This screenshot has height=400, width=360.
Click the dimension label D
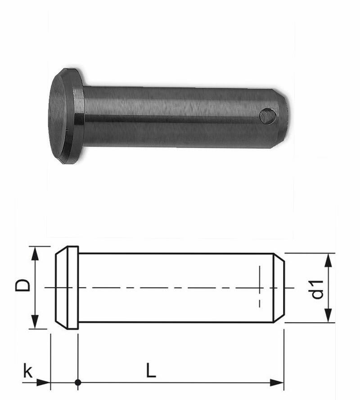pyautogui.click(x=22, y=285)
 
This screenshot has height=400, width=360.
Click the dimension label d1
pyautogui.click(x=317, y=289)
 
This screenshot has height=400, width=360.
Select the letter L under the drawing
pyautogui.click(x=151, y=370)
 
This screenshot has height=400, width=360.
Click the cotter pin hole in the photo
pyautogui.click(x=268, y=117)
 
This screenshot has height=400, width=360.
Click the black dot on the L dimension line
pyautogui.click(x=78, y=382)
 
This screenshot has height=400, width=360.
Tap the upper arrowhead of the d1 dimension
pyautogui.click(x=328, y=261)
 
